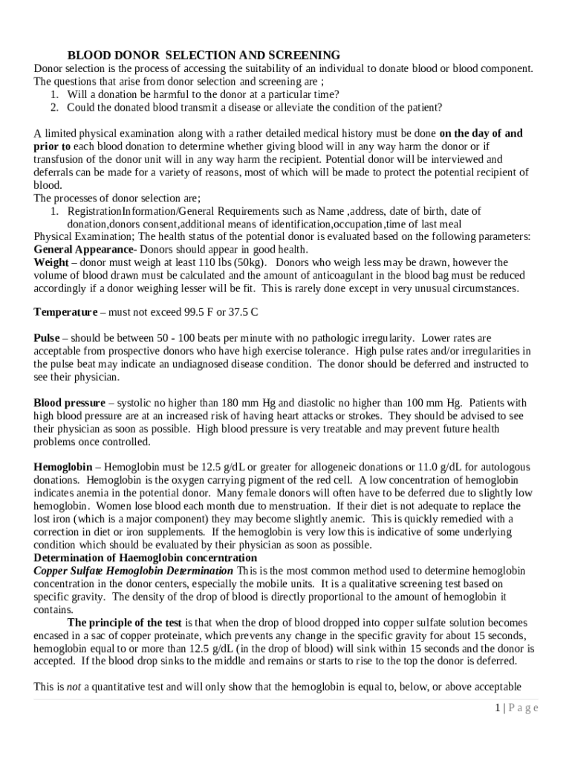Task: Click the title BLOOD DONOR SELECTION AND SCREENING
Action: click(204, 55)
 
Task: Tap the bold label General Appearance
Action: click(84, 249)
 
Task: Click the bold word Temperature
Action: click(65, 311)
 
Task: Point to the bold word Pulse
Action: click(46, 338)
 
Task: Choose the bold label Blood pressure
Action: click(69, 404)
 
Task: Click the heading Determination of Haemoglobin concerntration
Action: click(146, 557)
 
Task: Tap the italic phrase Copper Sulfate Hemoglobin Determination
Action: click(133, 571)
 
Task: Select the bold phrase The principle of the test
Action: click(124, 623)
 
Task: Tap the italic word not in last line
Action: click(74, 687)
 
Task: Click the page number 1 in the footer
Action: click(496, 707)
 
